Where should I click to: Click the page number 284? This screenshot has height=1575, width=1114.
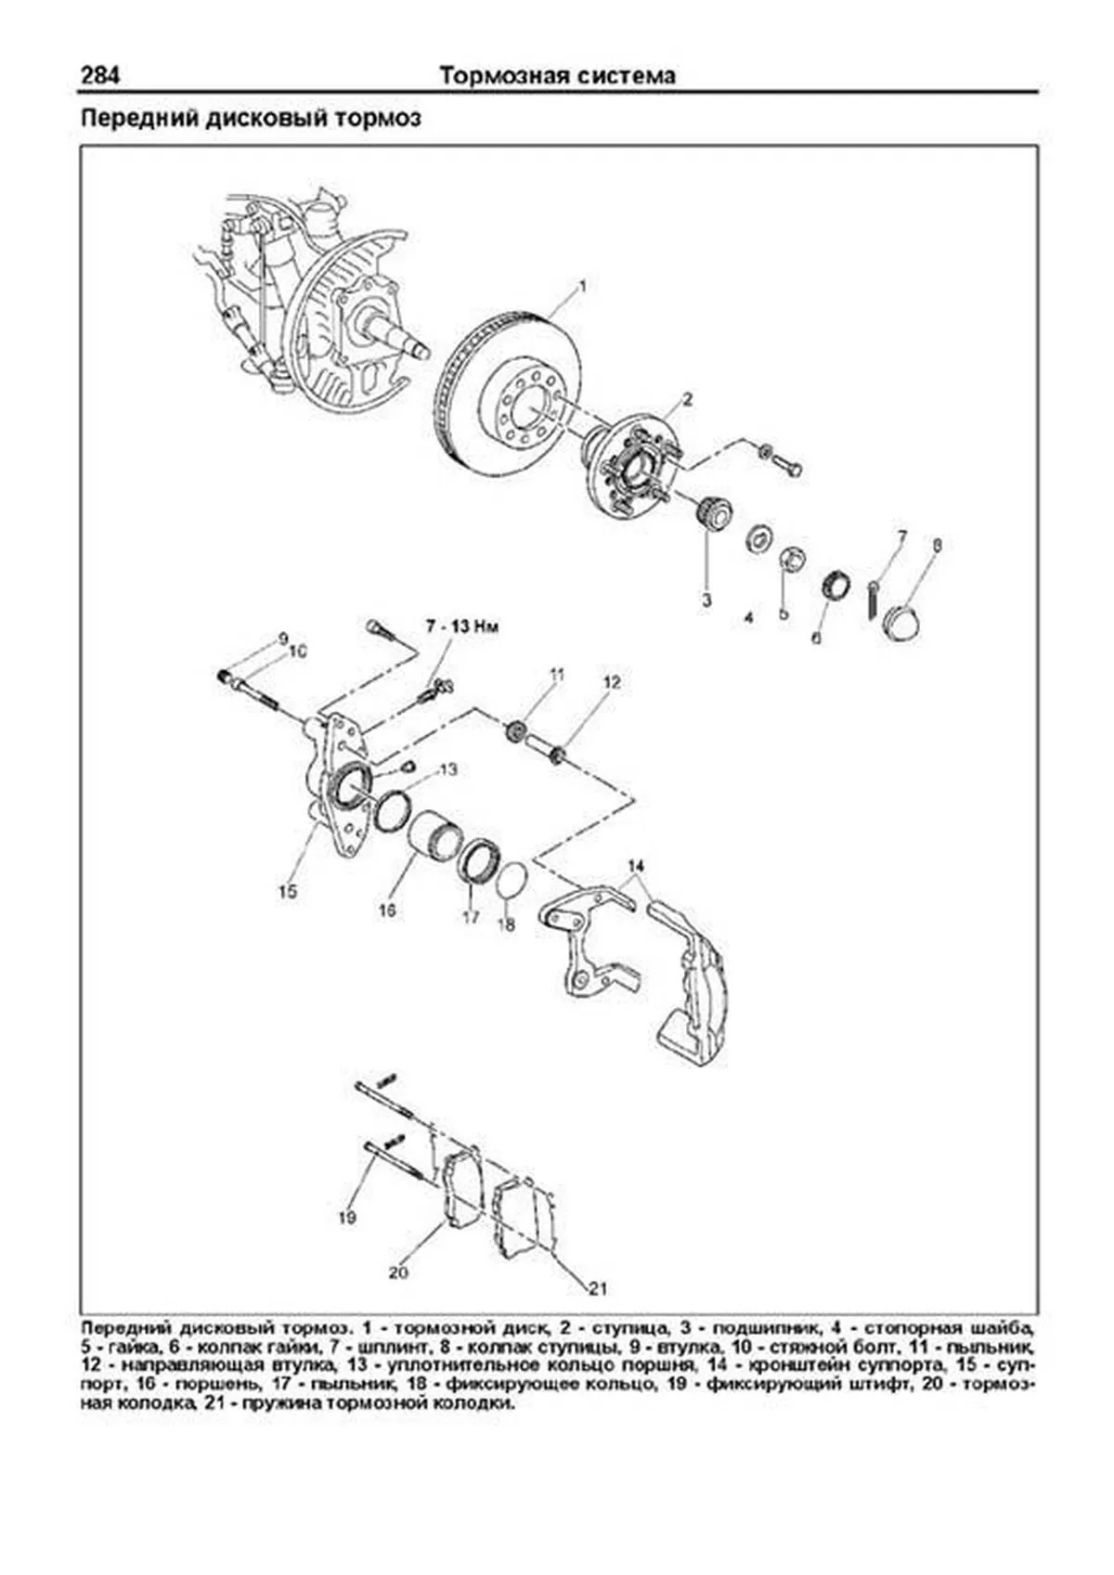click(x=100, y=75)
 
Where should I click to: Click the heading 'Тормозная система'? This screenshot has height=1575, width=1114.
click(x=557, y=75)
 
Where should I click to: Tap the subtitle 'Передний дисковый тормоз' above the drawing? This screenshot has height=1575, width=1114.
click(x=252, y=119)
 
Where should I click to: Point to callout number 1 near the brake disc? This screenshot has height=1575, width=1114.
click(x=582, y=286)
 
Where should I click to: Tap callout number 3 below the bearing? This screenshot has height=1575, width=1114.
click(x=706, y=600)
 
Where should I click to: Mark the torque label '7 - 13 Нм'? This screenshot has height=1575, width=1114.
click(x=462, y=627)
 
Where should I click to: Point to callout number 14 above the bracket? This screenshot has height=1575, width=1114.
click(x=635, y=867)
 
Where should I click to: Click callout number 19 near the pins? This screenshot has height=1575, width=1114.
click(x=347, y=1217)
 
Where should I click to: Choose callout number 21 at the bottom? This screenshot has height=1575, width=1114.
click(x=598, y=1288)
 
